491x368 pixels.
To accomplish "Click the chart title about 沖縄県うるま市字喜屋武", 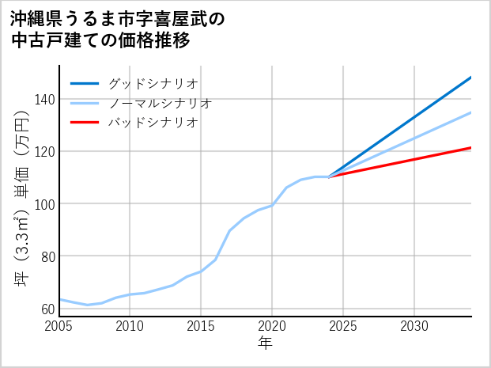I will click(119, 29).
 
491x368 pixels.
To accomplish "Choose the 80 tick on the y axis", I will click(47, 256).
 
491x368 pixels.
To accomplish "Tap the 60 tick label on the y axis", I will click(47, 309).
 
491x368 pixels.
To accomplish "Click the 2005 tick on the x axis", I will click(59, 326).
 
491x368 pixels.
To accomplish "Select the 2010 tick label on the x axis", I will click(130, 326).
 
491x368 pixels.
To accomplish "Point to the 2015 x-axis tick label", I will click(201, 326).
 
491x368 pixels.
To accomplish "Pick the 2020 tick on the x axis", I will click(272, 326).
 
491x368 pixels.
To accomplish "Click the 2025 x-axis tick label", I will click(343, 326).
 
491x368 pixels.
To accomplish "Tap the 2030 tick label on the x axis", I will click(414, 326).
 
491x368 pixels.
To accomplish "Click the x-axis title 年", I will click(266, 343).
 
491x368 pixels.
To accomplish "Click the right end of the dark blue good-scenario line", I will click(471, 78).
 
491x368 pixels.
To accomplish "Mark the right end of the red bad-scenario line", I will click(471, 148).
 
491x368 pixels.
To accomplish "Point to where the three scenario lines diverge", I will click(329, 176).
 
